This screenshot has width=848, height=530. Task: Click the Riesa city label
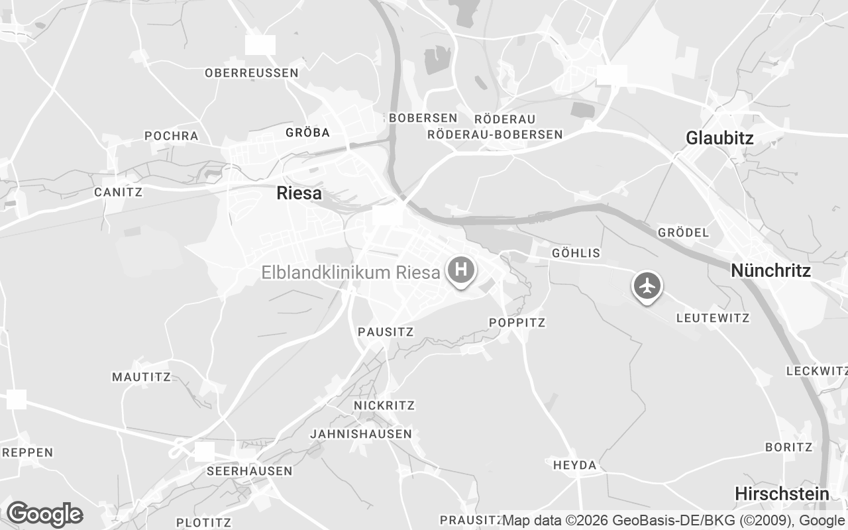click(299, 193)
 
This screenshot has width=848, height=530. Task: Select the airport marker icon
click(647, 286)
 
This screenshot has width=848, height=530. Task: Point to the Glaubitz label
click(719, 138)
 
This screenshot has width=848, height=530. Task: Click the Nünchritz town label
click(770, 270)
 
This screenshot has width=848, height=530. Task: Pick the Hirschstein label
click(782, 494)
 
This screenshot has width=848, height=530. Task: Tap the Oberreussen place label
click(252, 73)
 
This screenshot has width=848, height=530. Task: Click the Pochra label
click(172, 136)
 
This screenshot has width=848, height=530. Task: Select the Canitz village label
click(119, 192)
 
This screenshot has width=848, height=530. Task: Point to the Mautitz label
click(141, 377)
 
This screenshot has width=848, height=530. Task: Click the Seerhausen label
click(249, 471)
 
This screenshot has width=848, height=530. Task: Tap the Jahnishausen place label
click(361, 434)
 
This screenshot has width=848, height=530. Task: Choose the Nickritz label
click(384, 405)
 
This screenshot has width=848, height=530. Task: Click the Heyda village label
click(575, 465)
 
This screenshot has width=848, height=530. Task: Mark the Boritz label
click(788, 447)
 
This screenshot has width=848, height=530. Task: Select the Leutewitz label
click(713, 318)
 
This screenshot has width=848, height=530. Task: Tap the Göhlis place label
click(576, 253)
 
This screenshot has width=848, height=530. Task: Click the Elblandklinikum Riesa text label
click(351, 272)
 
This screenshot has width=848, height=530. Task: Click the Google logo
click(44, 514)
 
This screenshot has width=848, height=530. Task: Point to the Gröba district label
click(307, 132)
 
